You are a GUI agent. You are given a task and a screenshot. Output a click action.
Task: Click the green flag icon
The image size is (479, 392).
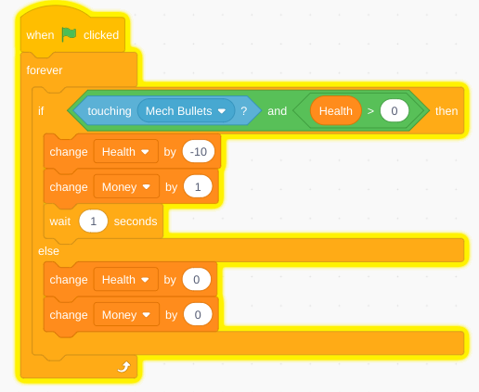click(69, 34)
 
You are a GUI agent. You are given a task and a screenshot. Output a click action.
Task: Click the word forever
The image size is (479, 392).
click(45, 70)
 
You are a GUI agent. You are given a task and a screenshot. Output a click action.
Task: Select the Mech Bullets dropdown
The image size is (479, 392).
click(186, 111)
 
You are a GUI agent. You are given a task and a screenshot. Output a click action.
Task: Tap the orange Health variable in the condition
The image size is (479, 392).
click(336, 111)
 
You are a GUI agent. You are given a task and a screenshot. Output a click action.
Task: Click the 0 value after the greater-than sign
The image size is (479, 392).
click(395, 111)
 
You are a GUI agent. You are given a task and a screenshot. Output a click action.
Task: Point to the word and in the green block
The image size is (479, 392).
click(277, 111)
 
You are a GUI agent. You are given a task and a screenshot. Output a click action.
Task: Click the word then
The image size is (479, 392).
click(447, 111)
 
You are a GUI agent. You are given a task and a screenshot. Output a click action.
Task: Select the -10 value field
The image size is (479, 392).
click(199, 152)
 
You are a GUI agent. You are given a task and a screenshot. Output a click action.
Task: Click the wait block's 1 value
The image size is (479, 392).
click(93, 221)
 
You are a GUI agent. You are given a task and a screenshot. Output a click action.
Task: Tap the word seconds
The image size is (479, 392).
click(136, 221)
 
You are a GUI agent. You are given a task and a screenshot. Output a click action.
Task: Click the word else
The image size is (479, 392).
click(48, 251)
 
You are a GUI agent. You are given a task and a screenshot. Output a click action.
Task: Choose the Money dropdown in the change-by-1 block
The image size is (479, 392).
click(126, 187)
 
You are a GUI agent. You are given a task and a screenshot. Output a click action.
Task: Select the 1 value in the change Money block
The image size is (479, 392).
click(198, 187)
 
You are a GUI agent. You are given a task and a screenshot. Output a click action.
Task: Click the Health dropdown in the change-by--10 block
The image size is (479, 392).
click(125, 152)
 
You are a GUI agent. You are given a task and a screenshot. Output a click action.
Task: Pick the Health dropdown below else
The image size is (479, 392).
click(125, 280)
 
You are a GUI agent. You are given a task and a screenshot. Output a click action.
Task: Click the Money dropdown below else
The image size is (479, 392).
click(126, 315)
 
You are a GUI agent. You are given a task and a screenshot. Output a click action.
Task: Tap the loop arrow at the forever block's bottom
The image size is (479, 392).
click(123, 367)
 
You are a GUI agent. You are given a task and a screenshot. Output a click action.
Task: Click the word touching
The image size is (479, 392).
click(110, 111)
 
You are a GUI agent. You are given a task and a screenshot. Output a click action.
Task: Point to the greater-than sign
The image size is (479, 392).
click(370, 111)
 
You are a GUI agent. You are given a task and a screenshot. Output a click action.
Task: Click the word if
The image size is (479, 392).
click(41, 111)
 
